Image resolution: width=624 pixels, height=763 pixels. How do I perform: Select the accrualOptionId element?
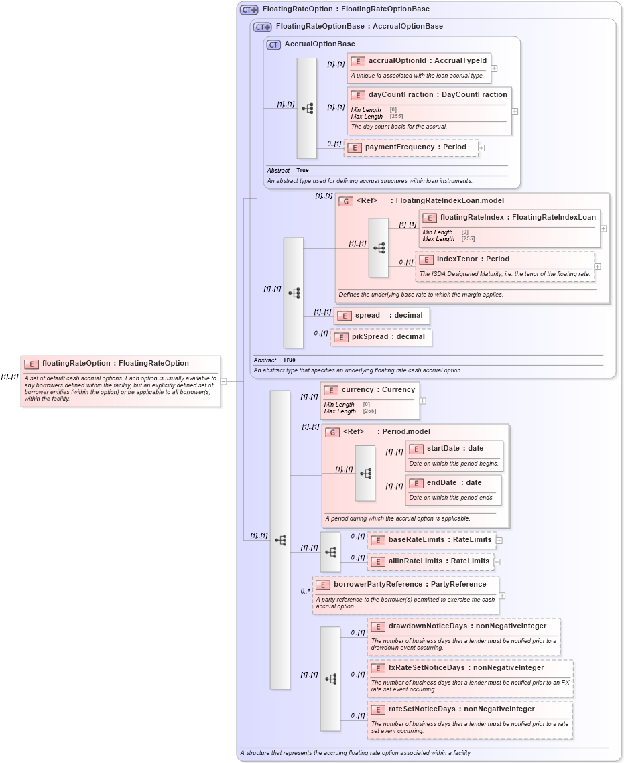(x=427, y=61)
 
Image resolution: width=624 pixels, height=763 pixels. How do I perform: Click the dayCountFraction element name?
(x=437, y=95)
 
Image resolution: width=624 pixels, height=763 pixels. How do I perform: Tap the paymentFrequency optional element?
(x=415, y=147)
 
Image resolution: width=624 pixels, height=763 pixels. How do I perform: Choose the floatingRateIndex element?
(x=517, y=218)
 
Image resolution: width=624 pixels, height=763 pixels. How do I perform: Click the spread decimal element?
(x=381, y=316)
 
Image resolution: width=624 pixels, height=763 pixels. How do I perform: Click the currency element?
(x=377, y=390)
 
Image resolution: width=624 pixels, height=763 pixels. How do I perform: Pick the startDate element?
(x=454, y=449)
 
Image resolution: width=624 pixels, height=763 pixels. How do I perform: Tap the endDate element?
(x=454, y=483)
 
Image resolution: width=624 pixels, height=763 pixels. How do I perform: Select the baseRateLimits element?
(x=439, y=540)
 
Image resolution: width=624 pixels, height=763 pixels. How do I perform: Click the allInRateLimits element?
(x=438, y=561)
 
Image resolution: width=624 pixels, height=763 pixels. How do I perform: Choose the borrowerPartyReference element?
(x=409, y=585)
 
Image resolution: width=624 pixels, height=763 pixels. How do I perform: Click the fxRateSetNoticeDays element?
(x=465, y=668)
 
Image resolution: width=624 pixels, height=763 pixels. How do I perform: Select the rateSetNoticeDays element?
(x=460, y=709)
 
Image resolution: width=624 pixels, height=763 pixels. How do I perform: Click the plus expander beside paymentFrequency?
(x=481, y=148)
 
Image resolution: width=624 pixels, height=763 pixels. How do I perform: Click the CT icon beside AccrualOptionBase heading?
(x=273, y=45)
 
